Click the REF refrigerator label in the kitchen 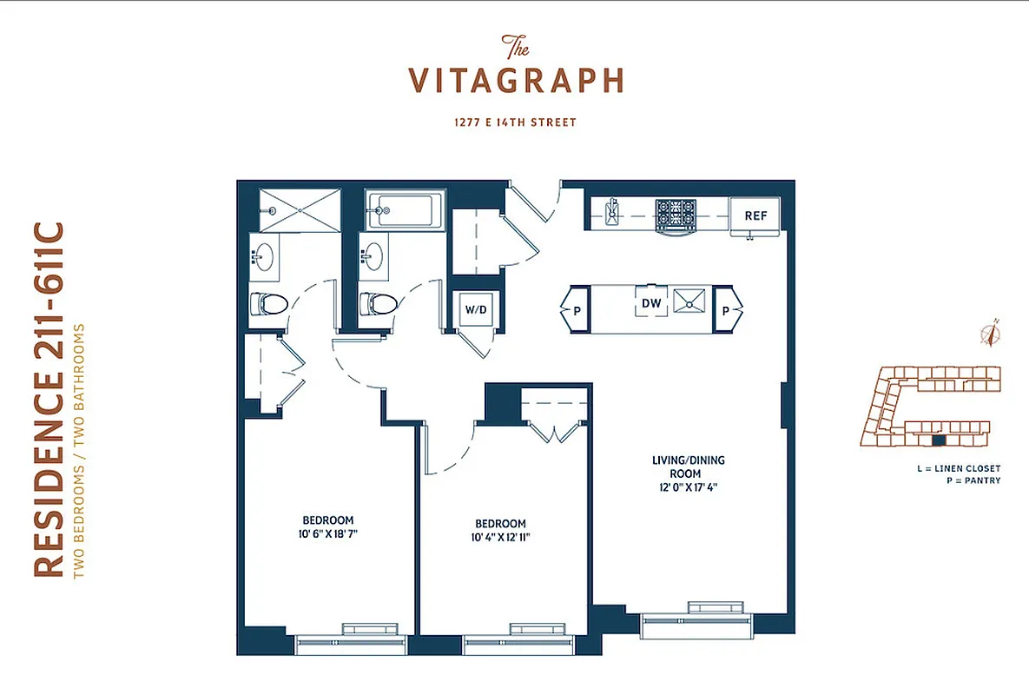tap(755, 215)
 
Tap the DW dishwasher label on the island tap(651, 303)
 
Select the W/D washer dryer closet tap(475, 308)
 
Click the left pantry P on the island tap(576, 309)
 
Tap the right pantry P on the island tap(728, 309)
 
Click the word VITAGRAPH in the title tap(516, 80)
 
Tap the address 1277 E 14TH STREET tap(515, 122)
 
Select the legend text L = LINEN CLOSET tap(958, 468)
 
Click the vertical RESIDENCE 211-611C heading tap(49, 400)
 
